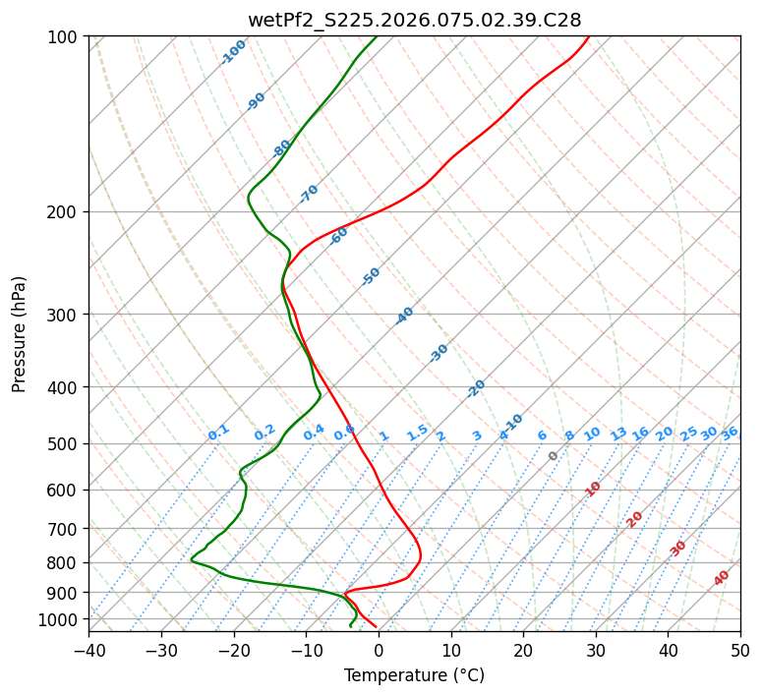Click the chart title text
pyautogui.click(x=414, y=20)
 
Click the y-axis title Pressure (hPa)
pyautogui.click(x=19, y=334)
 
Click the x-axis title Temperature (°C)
pyautogui.click(x=414, y=675)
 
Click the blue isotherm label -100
pyautogui.click(x=234, y=52)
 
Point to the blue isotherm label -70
pyautogui.click(x=309, y=194)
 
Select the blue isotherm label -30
pyautogui.click(x=439, y=353)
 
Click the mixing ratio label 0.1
pyautogui.click(x=218, y=433)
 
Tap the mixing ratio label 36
pyautogui.click(x=730, y=433)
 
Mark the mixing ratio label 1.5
pyautogui.click(x=417, y=433)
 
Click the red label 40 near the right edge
pyautogui.click(x=722, y=578)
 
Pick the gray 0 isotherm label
pyautogui.click(x=554, y=456)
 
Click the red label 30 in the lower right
pyautogui.click(x=678, y=549)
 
